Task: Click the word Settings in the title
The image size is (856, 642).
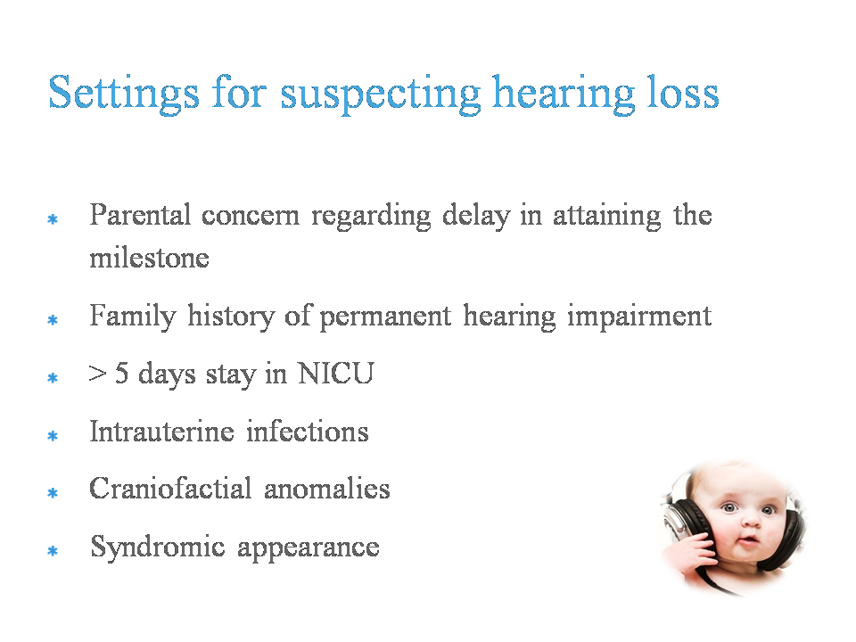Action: pos(124,94)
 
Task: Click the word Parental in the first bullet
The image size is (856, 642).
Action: pos(140,214)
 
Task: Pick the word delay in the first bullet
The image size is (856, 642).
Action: pos(476,216)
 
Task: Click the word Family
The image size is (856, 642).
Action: pos(133,317)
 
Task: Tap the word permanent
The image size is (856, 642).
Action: pos(385,317)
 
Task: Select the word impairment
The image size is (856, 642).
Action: pos(639,317)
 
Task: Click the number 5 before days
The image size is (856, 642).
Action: pos(122,373)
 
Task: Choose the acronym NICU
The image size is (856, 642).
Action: pos(336,374)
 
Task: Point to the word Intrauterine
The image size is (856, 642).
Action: pos(162,431)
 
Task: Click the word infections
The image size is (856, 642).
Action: pos(308,431)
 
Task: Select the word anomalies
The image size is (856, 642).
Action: pos(327,488)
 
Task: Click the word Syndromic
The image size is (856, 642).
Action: pos(158,547)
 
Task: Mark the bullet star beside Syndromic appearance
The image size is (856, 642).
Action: pos(53,551)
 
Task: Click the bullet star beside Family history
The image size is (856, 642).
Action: pos(53,319)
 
